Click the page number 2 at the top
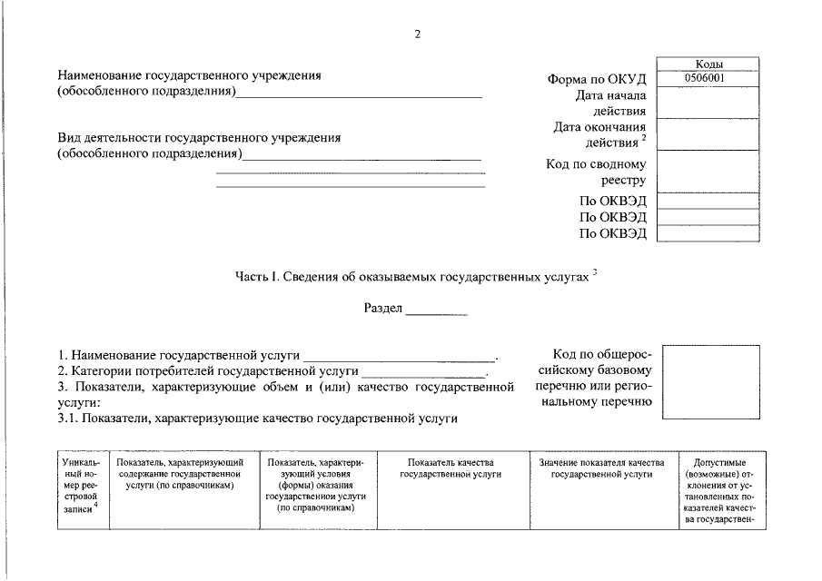(x=417, y=34)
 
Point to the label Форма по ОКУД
(x=597, y=80)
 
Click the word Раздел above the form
(x=382, y=308)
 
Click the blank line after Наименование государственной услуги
(x=399, y=355)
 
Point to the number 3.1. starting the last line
(x=68, y=419)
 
